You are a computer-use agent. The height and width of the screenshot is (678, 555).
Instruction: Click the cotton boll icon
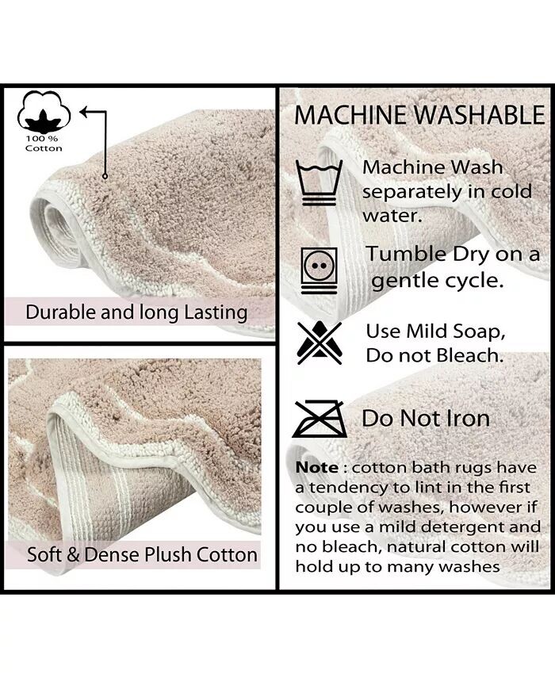tap(44, 113)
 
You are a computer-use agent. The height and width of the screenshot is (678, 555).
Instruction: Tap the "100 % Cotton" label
tap(44, 144)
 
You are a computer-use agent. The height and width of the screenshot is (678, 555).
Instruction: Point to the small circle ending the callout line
tap(105, 176)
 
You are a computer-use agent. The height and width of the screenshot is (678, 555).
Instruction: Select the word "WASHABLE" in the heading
tap(479, 116)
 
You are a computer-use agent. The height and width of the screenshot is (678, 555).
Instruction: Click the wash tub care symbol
tap(319, 182)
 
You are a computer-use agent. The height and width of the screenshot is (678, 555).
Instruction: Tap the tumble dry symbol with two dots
tap(319, 270)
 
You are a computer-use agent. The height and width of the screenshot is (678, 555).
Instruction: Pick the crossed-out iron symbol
tap(319, 419)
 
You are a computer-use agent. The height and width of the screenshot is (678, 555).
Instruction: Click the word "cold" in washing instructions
tap(510, 191)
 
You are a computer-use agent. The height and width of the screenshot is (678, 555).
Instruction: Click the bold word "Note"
tap(317, 467)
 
